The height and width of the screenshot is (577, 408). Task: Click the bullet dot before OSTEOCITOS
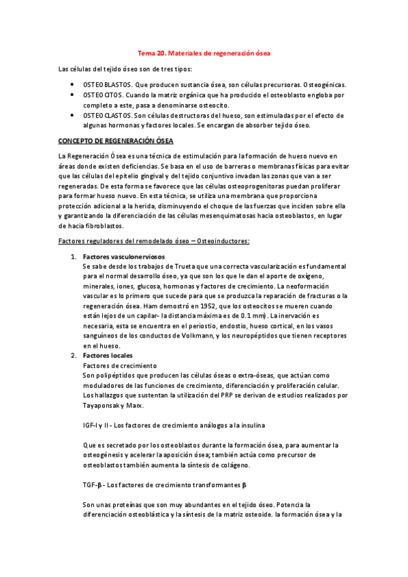73,95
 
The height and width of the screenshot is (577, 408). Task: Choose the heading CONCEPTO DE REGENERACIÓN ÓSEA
116,141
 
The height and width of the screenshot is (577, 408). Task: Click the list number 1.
74,257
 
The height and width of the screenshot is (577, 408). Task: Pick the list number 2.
74,356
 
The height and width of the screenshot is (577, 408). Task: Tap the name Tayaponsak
102,406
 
